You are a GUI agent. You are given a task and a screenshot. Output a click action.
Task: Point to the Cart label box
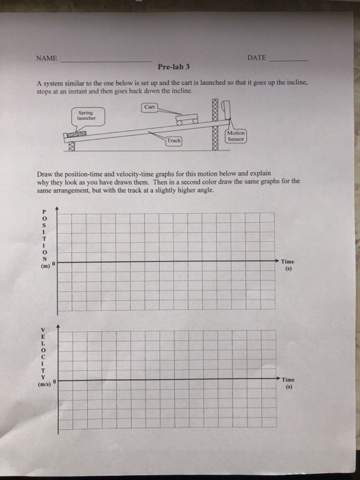tap(151, 106)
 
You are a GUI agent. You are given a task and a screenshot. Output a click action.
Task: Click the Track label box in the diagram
tap(175, 141)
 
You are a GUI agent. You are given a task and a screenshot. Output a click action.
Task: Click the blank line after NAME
tap(106, 61)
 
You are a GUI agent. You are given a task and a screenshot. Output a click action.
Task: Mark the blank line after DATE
tap(289, 61)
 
